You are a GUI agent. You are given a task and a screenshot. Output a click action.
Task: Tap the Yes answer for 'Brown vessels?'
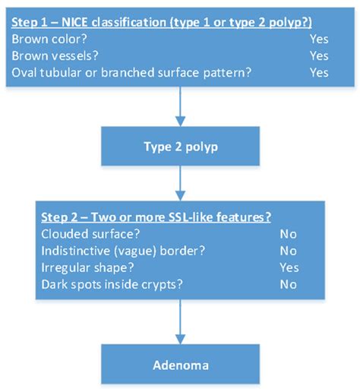pos(319,55)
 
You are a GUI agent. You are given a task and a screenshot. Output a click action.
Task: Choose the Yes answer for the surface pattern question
pos(319,72)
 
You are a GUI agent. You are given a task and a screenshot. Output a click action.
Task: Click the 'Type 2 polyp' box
pos(180,146)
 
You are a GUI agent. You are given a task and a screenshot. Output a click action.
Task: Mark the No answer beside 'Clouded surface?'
pos(288,235)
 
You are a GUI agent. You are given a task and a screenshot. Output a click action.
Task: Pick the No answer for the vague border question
pos(288,251)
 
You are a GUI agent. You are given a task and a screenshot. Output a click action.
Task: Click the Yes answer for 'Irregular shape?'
pos(289,267)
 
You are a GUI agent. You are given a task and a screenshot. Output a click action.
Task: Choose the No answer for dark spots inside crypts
pos(288,284)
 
